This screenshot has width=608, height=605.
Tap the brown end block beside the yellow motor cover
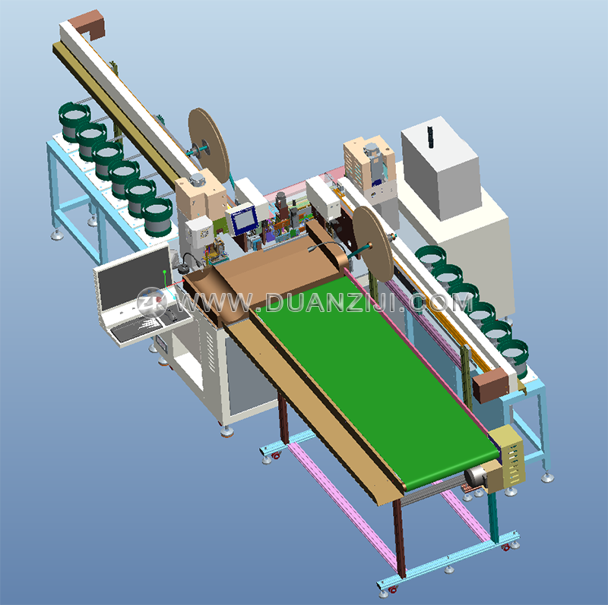[490, 385]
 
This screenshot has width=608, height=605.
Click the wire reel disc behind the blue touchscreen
[208, 145]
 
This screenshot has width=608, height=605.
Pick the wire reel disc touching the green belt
[373, 244]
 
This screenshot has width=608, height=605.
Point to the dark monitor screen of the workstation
[134, 273]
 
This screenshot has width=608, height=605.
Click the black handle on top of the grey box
[429, 137]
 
